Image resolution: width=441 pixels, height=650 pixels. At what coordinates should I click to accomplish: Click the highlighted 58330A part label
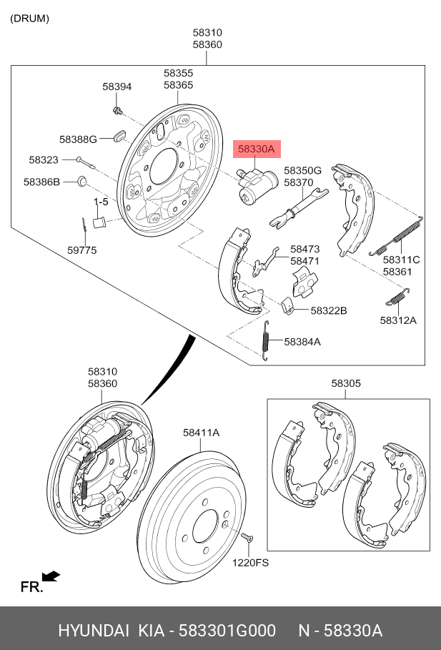click(256, 149)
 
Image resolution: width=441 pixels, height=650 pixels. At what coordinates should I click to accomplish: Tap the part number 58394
click(117, 87)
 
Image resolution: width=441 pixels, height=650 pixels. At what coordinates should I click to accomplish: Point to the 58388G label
click(78, 139)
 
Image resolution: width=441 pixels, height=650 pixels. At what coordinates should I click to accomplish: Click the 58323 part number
click(44, 160)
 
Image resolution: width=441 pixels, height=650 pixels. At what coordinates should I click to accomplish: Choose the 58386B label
click(41, 182)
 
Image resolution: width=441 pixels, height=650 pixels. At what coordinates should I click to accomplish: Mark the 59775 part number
click(82, 250)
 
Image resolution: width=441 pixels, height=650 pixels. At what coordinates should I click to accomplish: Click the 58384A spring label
click(302, 342)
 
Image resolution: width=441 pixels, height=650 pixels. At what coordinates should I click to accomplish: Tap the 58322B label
click(329, 310)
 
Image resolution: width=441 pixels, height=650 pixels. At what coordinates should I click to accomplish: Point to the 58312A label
click(398, 320)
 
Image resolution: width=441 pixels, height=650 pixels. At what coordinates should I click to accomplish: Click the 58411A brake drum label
click(201, 432)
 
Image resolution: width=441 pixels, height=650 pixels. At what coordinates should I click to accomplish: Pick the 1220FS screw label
click(249, 563)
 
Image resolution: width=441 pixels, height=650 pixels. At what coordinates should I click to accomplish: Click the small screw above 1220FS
click(247, 538)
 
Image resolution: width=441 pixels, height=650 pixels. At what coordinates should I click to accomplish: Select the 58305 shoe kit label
click(346, 383)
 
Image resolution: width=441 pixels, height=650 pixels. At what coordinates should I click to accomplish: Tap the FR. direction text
click(31, 587)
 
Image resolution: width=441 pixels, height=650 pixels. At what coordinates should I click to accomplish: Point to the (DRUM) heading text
click(29, 19)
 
